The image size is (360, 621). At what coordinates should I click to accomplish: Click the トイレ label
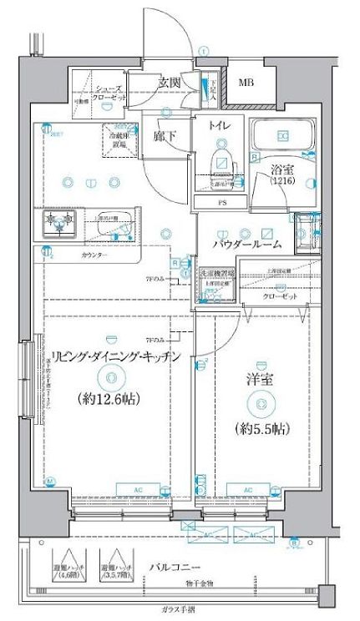click(219, 126)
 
